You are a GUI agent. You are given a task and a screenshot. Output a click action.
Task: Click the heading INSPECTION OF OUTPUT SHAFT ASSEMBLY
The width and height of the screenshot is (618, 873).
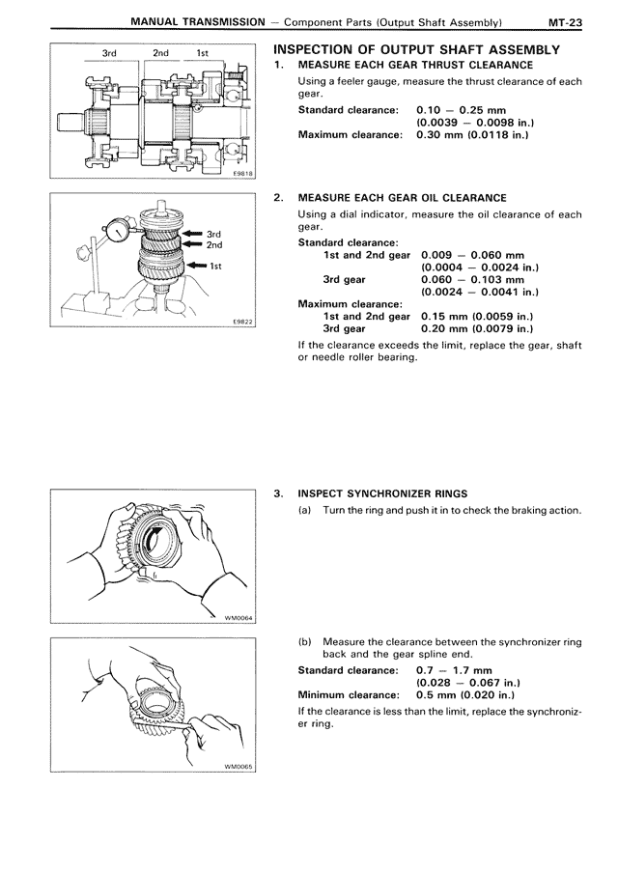tap(417, 49)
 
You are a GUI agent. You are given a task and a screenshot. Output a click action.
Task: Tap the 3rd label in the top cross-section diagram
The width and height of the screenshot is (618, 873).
tap(109, 55)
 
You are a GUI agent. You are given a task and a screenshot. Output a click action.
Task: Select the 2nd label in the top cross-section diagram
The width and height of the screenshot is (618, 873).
tap(161, 55)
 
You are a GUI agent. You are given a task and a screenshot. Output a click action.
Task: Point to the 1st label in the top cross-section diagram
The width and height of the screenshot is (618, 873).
tap(203, 55)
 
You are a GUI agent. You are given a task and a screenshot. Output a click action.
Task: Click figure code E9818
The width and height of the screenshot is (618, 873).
tap(240, 172)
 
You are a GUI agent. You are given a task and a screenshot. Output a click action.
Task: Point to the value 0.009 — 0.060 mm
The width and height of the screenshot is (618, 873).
tap(469, 254)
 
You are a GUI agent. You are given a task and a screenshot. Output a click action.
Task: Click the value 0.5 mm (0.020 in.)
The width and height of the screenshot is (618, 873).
tap(465, 694)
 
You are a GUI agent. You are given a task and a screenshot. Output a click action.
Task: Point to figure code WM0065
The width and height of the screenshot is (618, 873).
tap(238, 767)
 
